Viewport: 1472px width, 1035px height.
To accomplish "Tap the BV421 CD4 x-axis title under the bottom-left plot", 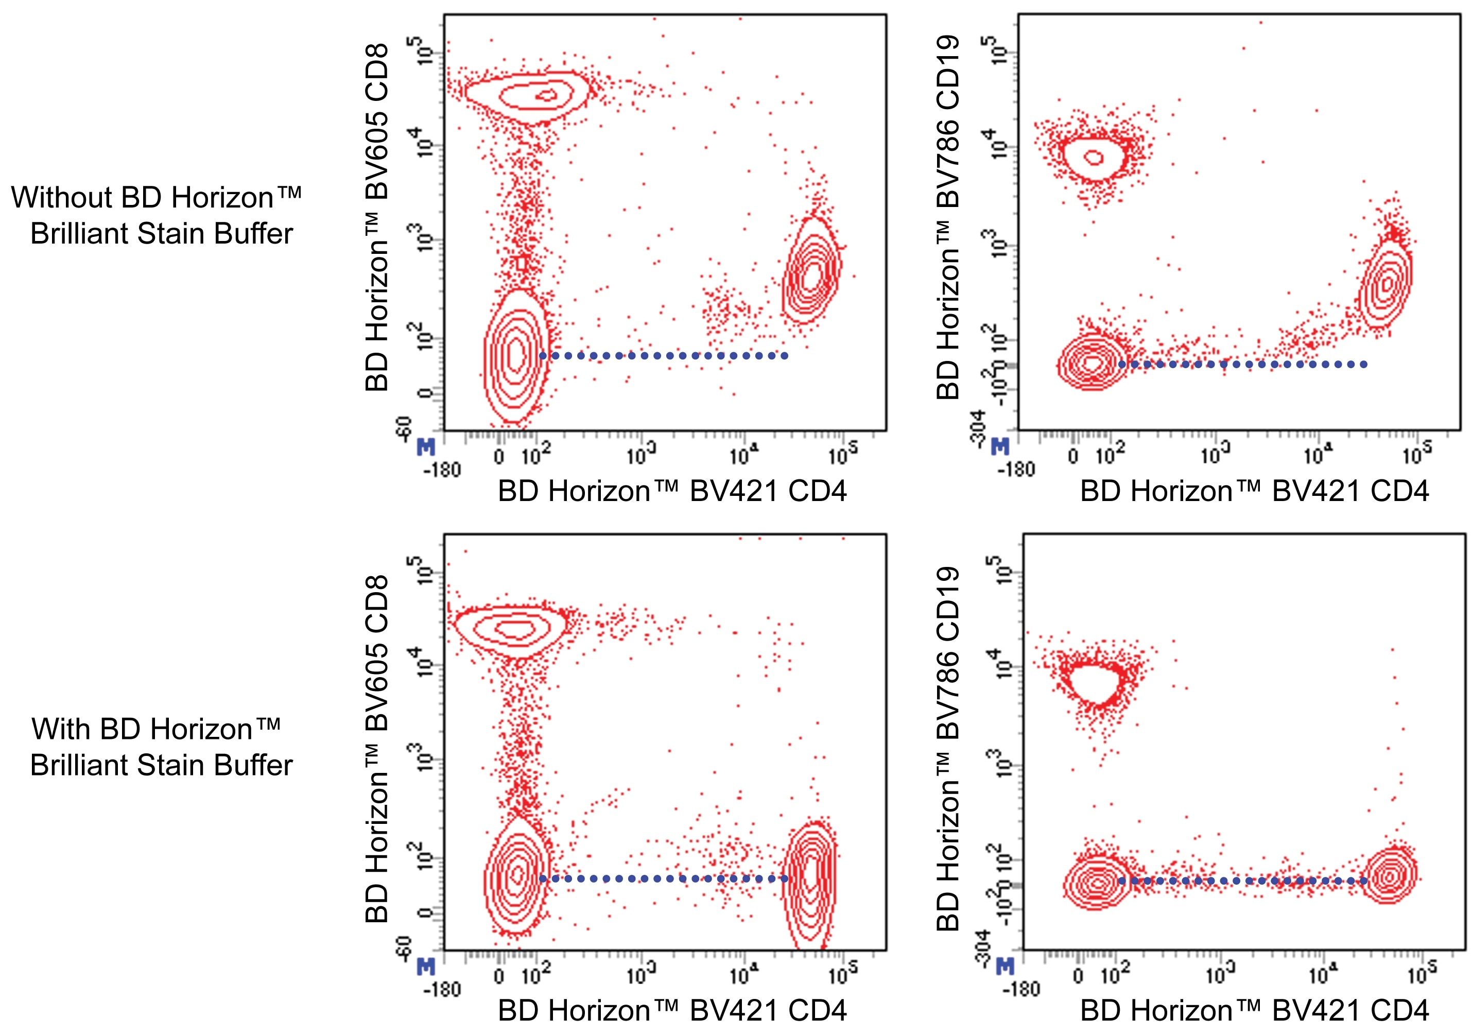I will (672, 1011).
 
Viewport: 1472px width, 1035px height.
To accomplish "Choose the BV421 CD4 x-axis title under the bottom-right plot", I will (1254, 1011).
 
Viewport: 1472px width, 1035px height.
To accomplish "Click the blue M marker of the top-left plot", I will (426, 447).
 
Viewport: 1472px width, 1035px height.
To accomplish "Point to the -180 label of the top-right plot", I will (1017, 470).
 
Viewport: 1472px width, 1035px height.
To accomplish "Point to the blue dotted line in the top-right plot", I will (1244, 364).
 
